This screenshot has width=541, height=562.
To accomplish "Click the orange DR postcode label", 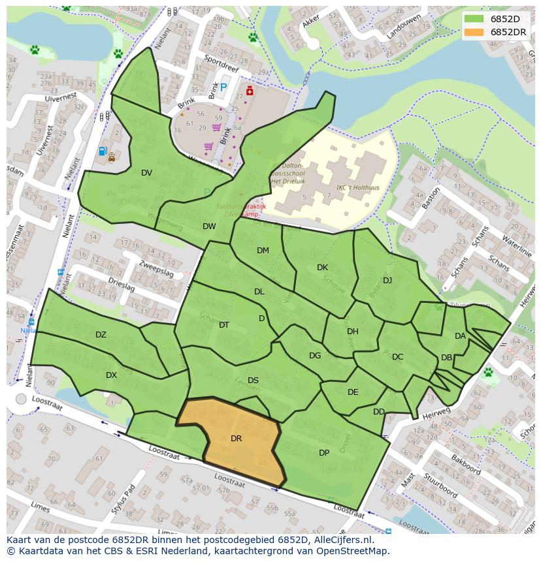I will tap(236, 439).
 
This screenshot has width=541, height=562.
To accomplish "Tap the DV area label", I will tap(146, 173).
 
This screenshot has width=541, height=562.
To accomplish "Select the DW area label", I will tap(209, 226).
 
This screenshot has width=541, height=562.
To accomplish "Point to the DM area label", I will tap(263, 251).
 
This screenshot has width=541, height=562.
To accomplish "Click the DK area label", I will tap(322, 268).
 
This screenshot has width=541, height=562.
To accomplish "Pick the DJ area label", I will tap(387, 281).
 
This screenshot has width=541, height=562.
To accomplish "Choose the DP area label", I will tap(324, 453).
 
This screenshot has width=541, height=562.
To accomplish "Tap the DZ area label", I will tap(101, 335).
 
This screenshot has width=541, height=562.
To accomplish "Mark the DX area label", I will tap(111, 375).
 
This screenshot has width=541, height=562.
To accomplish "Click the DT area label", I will tap(224, 325).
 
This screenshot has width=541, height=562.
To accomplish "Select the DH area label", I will tap(353, 332).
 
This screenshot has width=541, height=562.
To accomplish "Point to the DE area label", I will tap(353, 392).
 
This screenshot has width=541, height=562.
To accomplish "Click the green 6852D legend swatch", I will tap(475, 19).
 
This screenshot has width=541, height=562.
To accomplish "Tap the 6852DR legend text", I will tap(508, 32).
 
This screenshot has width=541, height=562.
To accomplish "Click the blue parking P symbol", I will tap(223, 87).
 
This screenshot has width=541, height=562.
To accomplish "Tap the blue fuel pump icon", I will tap(102, 151).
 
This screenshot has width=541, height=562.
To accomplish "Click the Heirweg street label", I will tap(438, 412).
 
